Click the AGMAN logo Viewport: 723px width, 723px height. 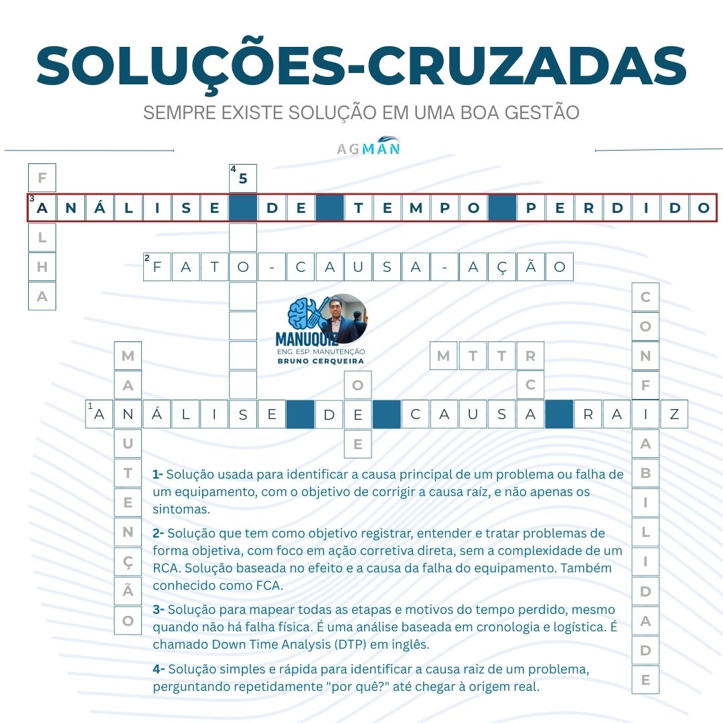click(x=368, y=148)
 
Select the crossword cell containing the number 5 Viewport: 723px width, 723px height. click(x=243, y=179)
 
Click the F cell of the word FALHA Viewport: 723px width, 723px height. click(x=42, y=179)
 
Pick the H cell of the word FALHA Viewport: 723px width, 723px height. click(x=42, y=267)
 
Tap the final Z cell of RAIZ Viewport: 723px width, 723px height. click(x=674, y=414)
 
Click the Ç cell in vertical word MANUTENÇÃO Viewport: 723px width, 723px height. click(x=128, y=562)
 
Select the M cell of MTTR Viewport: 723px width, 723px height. click(x=443, y=356)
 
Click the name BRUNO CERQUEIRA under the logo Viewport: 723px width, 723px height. click(x=321, y=361)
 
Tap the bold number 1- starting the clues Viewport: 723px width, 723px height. click(x=158, y=475)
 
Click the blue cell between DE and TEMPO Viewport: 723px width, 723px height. click(x=329, y=208)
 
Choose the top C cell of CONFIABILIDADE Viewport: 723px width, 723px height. click(x=645, y=297)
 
